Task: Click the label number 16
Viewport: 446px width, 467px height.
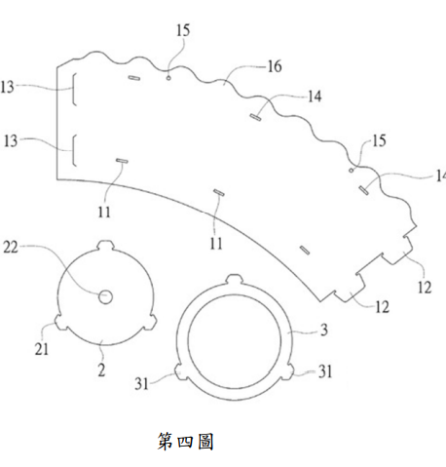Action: click(275, 66)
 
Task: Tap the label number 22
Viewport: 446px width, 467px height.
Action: click(11, 248)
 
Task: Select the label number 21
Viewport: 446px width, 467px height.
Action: click(42, 349)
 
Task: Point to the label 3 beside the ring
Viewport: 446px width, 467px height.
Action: click(324, 331)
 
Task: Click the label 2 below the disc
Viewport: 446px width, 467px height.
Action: click(101, 370)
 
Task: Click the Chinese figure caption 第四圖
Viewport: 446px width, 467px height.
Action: click(186, 442)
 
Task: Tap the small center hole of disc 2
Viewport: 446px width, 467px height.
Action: click(105, 296)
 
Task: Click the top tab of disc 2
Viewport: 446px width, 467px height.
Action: click(105, 245)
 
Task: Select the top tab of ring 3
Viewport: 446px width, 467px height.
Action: click(234, 279)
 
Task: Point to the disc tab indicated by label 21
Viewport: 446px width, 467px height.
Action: click(60, 322)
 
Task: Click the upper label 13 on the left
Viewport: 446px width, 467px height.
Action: click(7, 87)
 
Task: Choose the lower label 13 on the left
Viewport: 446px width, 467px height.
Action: click(10, 141)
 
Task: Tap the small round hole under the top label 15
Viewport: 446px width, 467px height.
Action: click(168, 78)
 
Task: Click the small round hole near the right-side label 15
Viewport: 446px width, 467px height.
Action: click(351, 171)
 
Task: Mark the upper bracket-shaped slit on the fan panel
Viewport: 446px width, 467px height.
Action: click(74, 90)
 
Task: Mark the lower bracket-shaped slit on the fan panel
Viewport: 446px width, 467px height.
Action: click(74, 150)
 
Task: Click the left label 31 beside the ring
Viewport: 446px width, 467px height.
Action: click(141, 384)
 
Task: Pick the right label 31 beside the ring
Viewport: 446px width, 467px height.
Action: click(325, 371)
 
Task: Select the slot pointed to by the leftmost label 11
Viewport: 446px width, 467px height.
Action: click(122, 161)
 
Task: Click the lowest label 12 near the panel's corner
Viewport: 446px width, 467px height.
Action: click(382, 307)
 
